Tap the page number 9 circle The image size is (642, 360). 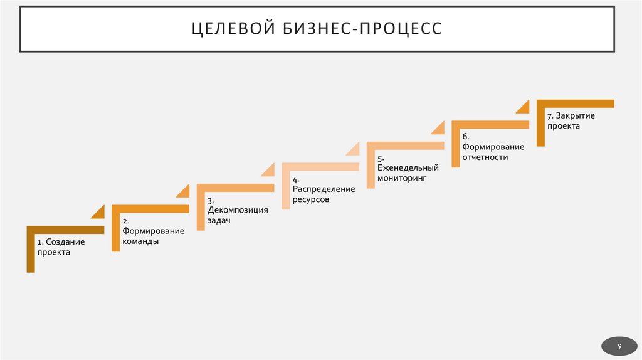(x=619, y=346)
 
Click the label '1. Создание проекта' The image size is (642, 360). (x=60, y=247)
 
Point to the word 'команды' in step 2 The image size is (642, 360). (x=140, y=241)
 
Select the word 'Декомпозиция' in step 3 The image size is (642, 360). (x=238, y=210)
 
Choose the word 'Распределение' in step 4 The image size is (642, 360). (x=324, y=189)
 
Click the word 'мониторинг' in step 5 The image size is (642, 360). (x=402, y=178)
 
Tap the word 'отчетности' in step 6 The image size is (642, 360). (x=485, y=157)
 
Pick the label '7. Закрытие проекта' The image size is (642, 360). (x=571, y=121)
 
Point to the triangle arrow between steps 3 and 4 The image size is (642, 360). (x=269, y=169)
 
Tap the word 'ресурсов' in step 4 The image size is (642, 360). (x=311, y=199)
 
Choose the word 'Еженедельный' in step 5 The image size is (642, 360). (x=408, y=167)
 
